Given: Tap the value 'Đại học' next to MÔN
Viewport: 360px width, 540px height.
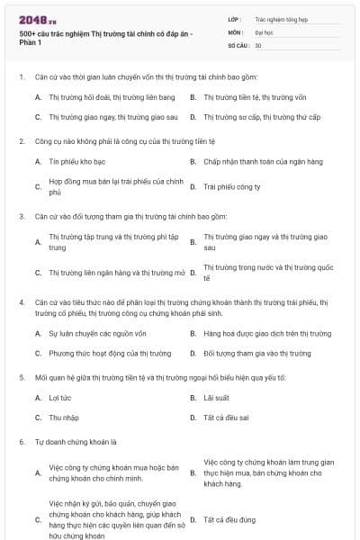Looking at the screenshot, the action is [264, 31].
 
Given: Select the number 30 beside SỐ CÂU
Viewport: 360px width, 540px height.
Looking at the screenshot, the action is [258, 45].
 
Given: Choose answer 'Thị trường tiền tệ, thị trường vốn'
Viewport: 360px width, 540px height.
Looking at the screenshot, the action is [250, 95].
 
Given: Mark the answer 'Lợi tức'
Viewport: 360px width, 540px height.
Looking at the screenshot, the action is [58, 397].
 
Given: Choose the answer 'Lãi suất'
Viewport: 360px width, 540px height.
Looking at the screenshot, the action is [216, 397].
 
